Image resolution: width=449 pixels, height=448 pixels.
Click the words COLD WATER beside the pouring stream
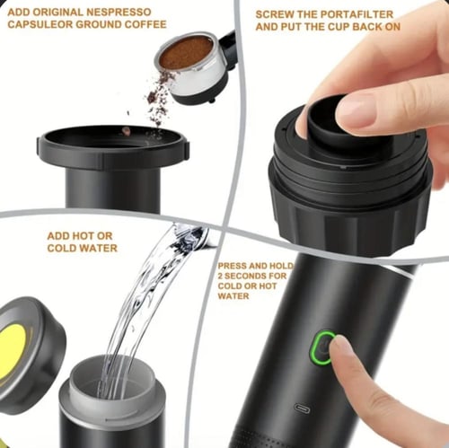coord(82,248)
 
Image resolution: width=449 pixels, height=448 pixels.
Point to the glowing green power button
coord(321,347)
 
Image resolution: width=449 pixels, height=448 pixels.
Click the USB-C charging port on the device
coord(302,408)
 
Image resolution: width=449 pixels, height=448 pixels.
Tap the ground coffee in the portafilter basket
coord(186,52)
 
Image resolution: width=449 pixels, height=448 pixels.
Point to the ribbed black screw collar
coord(348,209)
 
